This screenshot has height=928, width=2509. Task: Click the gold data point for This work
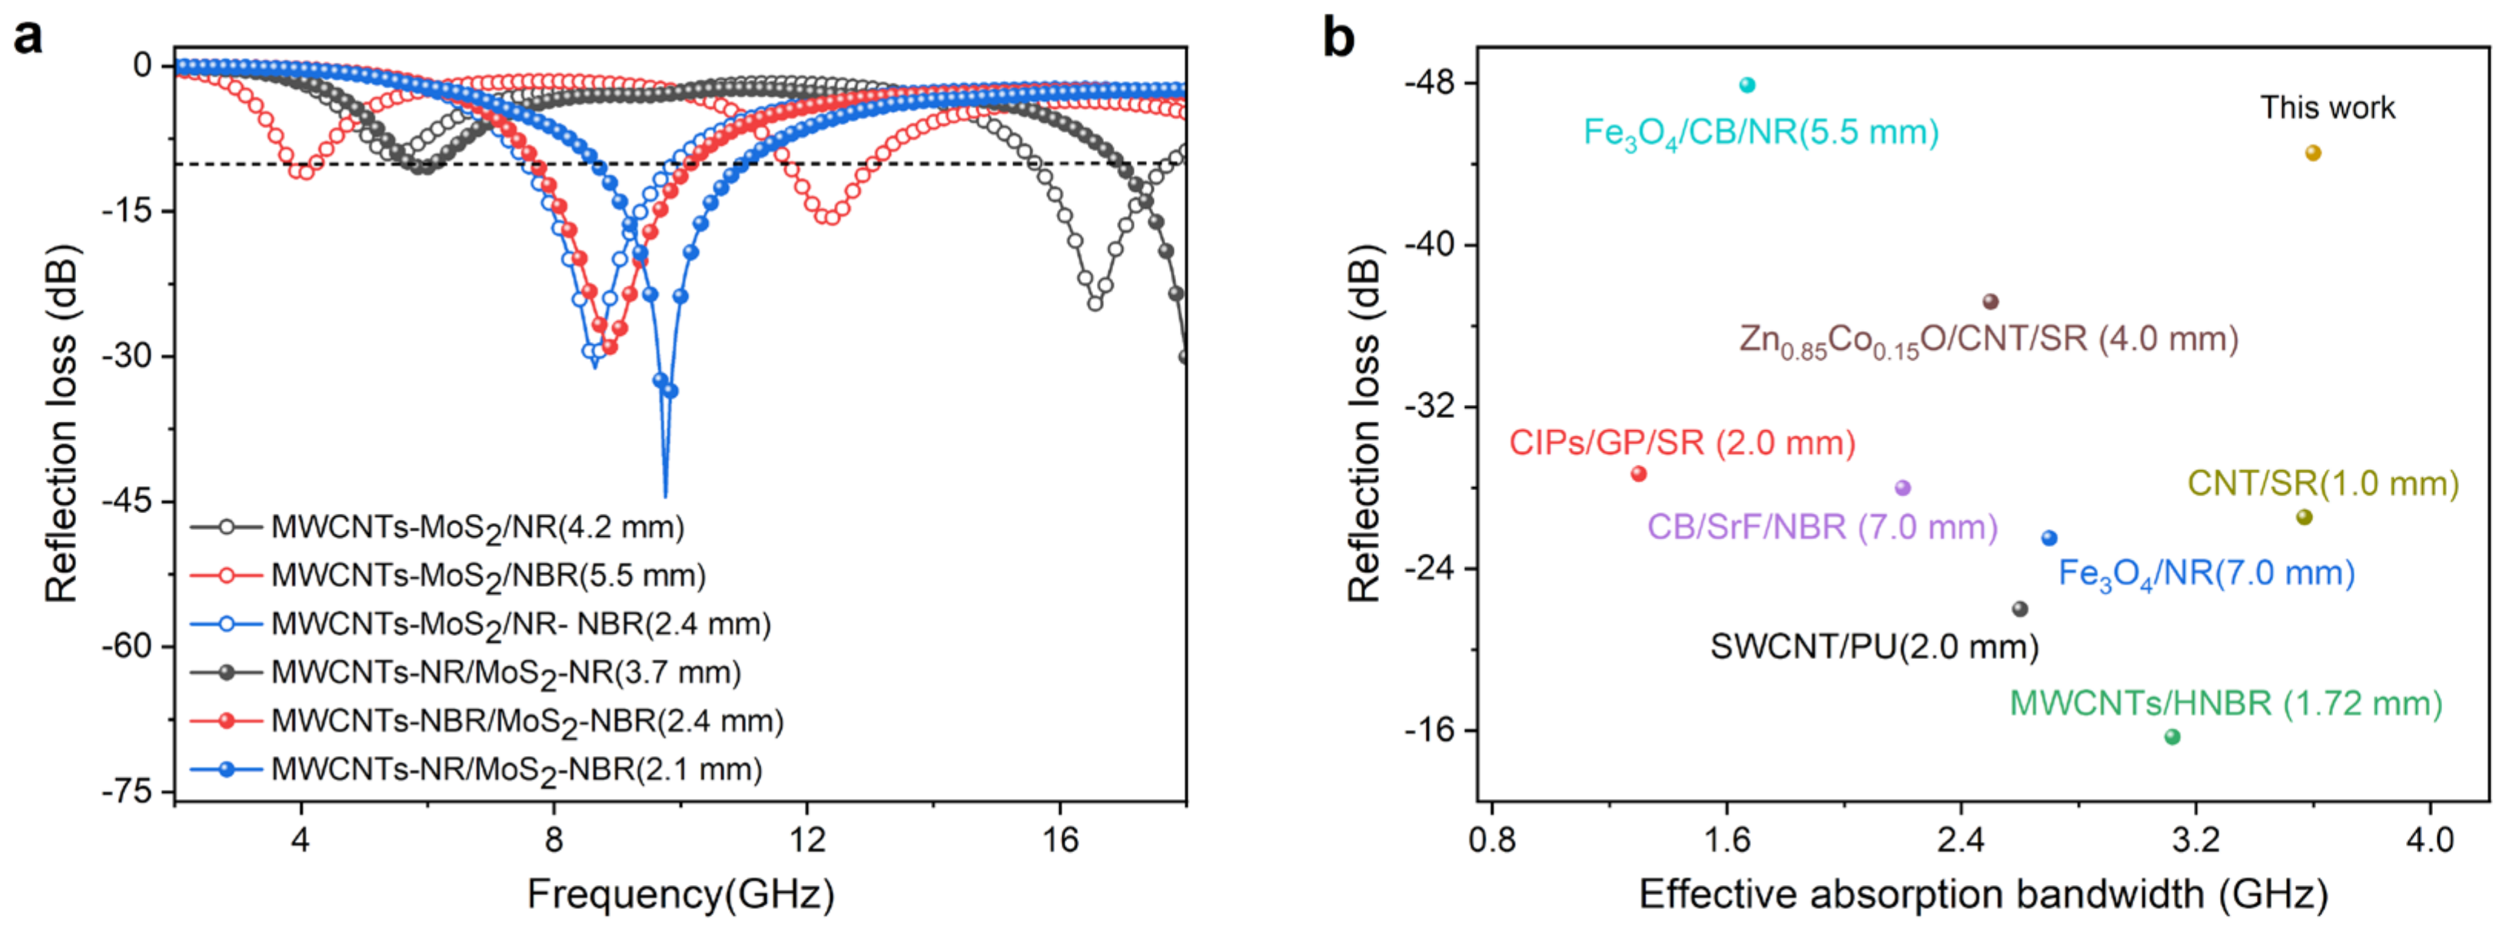click(2312, 153)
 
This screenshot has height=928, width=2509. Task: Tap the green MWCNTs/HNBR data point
click(2171, 736)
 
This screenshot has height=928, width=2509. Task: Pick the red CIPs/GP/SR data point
click(1637, 474)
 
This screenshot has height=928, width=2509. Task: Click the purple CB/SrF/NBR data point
click(1901, 488)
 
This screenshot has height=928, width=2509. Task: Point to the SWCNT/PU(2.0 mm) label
click(1874, 647)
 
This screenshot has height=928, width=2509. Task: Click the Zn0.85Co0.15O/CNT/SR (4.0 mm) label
click(1988, 340)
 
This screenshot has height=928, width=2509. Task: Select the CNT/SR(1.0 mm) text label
click(2323, 484)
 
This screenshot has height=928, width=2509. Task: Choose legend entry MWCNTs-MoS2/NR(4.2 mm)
click(477, 528)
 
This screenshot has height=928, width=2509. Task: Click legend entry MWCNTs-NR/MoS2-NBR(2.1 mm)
click(517, 769)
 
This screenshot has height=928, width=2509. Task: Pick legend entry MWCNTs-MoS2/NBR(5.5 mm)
click(488, 575)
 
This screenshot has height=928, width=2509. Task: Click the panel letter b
click(1338, 39)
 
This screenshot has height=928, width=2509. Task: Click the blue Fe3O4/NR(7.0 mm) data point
click(2049, 539)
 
